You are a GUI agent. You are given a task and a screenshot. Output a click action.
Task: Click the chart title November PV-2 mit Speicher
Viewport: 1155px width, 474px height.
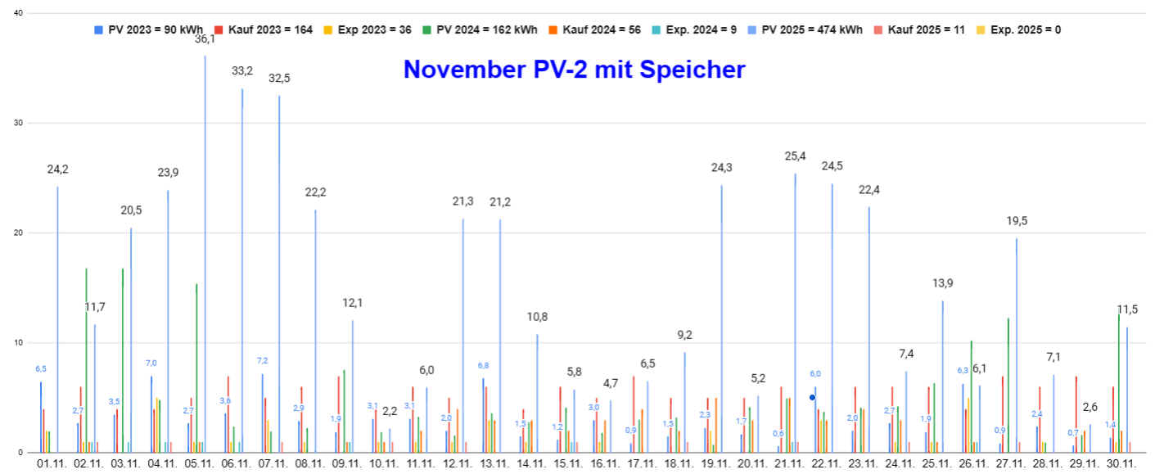coord(574,70)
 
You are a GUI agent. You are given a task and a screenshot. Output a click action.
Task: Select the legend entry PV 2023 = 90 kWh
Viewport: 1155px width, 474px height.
coord(155,29)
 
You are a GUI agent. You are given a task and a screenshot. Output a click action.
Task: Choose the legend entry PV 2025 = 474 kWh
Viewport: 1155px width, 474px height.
coord(814,29)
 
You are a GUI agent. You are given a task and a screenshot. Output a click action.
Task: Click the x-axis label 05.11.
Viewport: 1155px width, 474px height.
coord(199,464)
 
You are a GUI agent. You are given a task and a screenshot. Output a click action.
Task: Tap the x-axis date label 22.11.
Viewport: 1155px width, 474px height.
coord(826,464)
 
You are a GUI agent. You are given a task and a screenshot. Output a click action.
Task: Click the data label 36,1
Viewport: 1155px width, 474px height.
coord(205,38)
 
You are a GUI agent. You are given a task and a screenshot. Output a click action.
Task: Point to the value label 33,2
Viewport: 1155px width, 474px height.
coord(242,71)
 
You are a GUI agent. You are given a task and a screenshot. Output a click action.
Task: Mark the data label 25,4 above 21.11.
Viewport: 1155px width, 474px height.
coord(795,156)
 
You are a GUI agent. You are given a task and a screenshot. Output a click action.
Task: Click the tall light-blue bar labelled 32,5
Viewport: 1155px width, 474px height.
coord(279,270)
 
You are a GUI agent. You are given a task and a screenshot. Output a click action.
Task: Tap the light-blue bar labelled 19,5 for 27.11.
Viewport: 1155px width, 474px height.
coord(1017,344)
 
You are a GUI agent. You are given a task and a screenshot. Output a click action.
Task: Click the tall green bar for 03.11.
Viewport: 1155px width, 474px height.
coord(123,360)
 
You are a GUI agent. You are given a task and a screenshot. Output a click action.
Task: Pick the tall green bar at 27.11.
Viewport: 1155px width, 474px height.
coord(1008,385)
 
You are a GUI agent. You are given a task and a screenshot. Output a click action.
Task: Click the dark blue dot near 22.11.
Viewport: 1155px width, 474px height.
coord(812,398)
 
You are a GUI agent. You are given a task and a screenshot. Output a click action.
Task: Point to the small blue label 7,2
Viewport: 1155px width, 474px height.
coord(263,361)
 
